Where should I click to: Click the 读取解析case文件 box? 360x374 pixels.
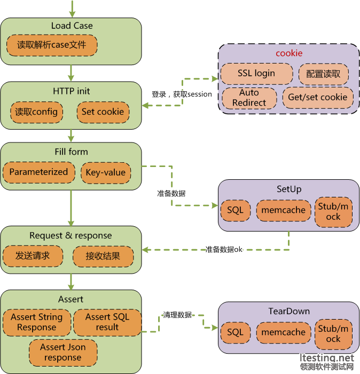51,45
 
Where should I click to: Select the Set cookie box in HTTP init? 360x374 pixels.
103,112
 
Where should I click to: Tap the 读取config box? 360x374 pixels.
36,112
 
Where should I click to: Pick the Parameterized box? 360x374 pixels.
38,172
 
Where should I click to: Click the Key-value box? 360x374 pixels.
105,172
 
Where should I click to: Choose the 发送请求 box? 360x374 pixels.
33,256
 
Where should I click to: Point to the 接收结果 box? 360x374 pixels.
103,256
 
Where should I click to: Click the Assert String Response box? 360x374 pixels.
36,322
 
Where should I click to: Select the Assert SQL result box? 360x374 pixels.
107,322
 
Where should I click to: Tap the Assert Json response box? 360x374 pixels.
63,352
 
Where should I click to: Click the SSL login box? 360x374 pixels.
256,74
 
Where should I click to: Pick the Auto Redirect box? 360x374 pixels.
249,98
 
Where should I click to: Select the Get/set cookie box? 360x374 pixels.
318,97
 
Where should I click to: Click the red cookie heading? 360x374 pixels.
289,53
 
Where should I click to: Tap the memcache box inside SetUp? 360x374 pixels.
283,210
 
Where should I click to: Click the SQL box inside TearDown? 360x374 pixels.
235,332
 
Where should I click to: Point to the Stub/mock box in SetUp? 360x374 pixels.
333,211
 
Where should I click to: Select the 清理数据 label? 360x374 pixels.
177,315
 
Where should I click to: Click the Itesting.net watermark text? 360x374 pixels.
327,357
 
